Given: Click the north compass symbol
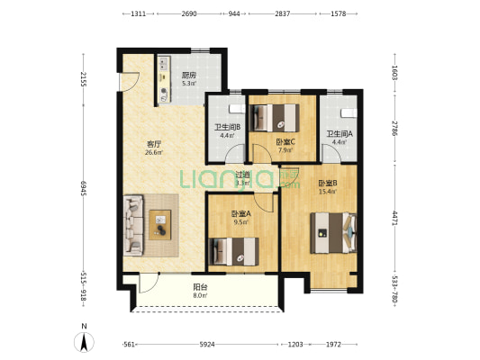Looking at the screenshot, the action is (x=84, y=342).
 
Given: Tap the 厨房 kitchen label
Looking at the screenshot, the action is (x=189, y=76).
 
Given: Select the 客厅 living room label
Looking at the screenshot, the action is (x=154, y=144).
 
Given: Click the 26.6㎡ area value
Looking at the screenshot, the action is (x=154, y=152).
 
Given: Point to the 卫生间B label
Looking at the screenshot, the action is (x=227, y=127).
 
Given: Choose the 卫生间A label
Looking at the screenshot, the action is (x=340, y=134).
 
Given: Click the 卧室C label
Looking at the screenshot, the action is (x=285, y=141).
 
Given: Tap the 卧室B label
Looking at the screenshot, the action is (x=328, y=184).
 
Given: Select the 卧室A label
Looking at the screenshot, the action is (x=241, y=214).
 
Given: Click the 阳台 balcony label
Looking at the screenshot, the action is (x=201, y=287).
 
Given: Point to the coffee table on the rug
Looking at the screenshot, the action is (x=159, y=225).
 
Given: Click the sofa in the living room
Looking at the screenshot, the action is (x=133, y=225).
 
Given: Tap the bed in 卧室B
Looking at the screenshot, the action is (x=333, y=233).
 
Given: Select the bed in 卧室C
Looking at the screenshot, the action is (x=275, y=118).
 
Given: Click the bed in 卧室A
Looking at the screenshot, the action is (x=233, y=252).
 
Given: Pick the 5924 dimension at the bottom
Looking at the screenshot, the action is (x=207, y=345).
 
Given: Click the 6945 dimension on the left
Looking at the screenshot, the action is (x=83, y=188).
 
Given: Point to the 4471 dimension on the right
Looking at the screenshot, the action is (x=395, y=218).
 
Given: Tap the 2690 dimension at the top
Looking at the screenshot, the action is (x=189, y=13).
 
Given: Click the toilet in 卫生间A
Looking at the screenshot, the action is (x=349, y=112).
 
